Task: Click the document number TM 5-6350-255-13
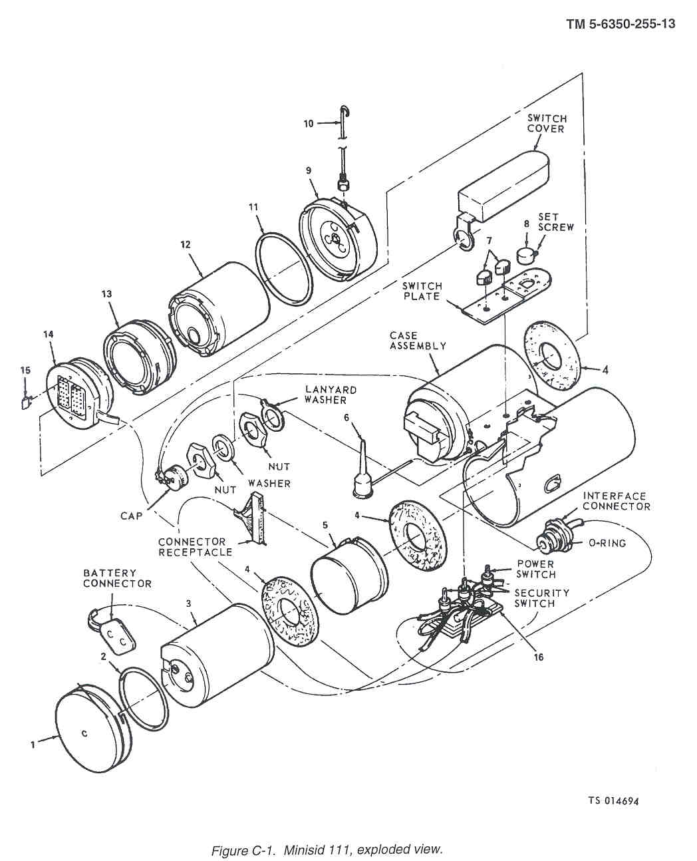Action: [621, 24]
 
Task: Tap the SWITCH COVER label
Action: [547, 124]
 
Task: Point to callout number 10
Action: [309, 123]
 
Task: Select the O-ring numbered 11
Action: [285, 267]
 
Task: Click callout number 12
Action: [186, 245]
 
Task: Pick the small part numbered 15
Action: [25, 403]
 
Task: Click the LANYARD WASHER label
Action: [331, 395]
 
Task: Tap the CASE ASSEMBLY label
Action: [418, 341]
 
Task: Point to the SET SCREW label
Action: [555, 222]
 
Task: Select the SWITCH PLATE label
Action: [422, 291]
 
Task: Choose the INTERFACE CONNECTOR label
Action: [617, 501]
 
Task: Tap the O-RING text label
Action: [607, 543]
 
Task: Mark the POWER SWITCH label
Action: [536, 569]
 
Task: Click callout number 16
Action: [539, 657]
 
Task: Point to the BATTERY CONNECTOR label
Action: [117, 578]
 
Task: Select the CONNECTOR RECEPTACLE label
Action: [195, 547]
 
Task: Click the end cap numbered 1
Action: [94, 729]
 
